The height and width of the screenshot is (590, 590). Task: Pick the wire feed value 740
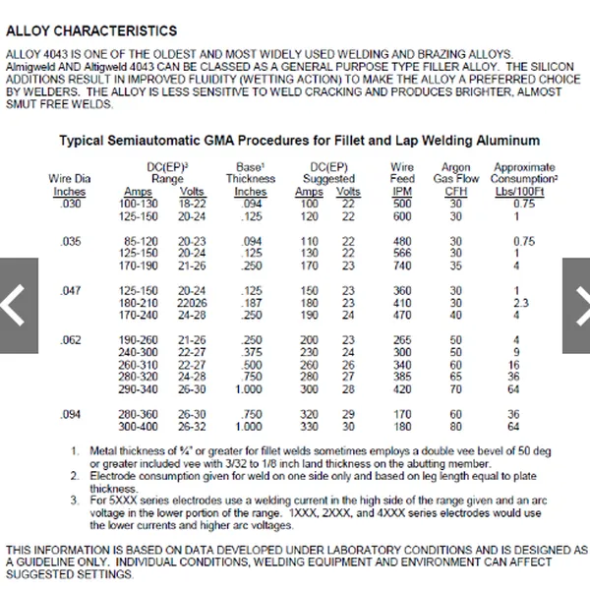tap(401, 265)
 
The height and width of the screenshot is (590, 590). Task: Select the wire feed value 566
tap(401, 253)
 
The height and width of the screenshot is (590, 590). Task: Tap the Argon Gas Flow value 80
tap(455, 427)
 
